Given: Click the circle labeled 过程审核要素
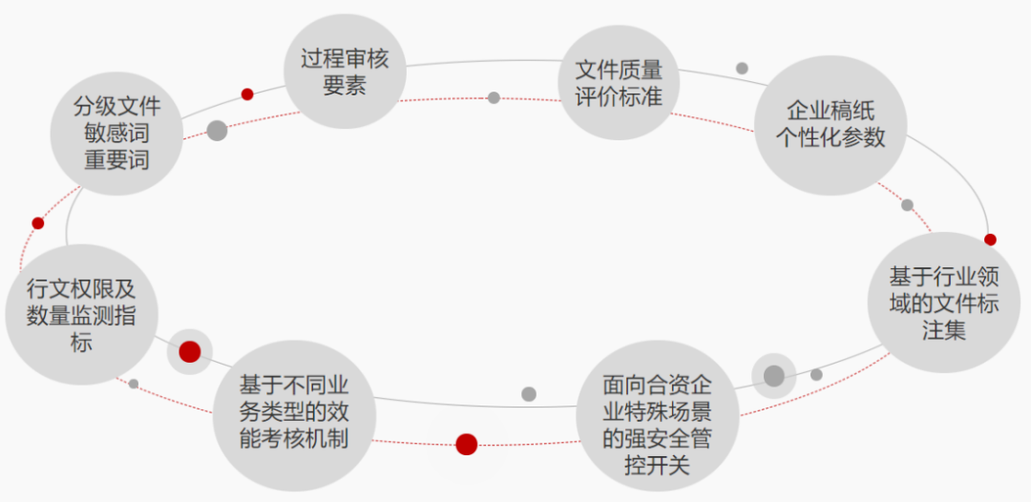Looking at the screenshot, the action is point(345,72).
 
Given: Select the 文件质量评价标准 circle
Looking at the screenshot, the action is point(618,83).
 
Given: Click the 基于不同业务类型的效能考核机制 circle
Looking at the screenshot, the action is point(293,412).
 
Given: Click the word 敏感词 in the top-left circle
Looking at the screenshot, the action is point(116,133).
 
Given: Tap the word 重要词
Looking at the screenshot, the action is point(116,159).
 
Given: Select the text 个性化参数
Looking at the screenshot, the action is point(830,137).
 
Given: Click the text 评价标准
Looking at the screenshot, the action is point(618,96).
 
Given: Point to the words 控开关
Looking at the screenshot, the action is point(658,466).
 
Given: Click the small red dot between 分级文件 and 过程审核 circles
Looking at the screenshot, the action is point(247,94).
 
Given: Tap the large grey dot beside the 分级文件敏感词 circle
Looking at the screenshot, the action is point(218,131).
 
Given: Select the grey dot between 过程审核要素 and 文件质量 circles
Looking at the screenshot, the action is point(494,97).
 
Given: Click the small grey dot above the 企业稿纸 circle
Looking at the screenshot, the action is point(742,68).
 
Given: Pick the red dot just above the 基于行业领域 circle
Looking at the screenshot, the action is point(990,240).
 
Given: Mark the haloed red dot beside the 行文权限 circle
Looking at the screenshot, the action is point(190,351).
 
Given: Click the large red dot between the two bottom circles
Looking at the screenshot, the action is point(466,444).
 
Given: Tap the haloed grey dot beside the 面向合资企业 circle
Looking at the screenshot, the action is point(773,376).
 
